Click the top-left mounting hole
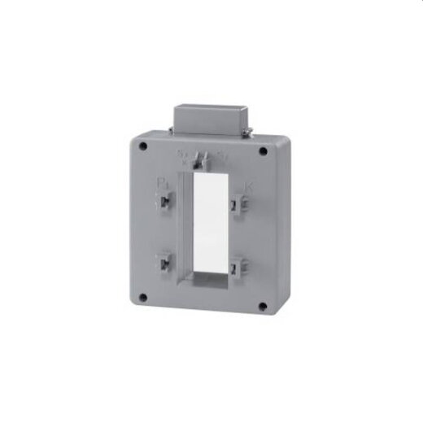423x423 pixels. pos(143,148)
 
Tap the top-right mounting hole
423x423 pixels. pos(262,150)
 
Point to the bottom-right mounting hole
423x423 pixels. pos(262,306)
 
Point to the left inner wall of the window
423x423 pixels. pos(190,224)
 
